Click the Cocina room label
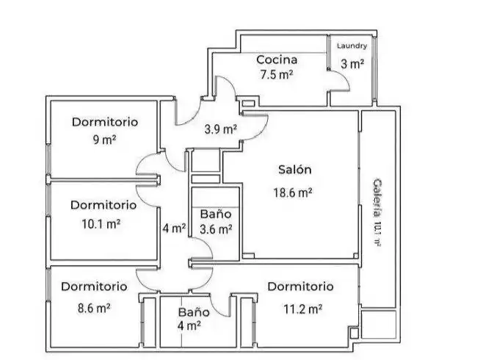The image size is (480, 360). tap(277, 60)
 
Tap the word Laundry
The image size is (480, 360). tap(352, 46)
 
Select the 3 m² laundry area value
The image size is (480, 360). tap(352, 64)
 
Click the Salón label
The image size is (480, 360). tap(295, 170)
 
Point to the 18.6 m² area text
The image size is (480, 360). tap(293, 192)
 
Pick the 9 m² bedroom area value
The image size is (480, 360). tap(105, 140)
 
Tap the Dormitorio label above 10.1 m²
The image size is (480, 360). tap(103, 205)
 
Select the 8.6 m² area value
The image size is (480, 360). tap(94, 308)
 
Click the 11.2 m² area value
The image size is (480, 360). tap(303, 309)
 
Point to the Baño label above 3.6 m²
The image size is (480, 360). tap(216, 214)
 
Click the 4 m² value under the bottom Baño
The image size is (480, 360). tap(189, 325)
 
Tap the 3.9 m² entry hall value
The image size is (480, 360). tap(220, 129)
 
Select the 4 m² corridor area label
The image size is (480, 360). tap(174, 228)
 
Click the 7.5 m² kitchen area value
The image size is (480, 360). tap(277, 74)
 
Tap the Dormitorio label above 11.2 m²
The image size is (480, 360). tap(300, 287)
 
